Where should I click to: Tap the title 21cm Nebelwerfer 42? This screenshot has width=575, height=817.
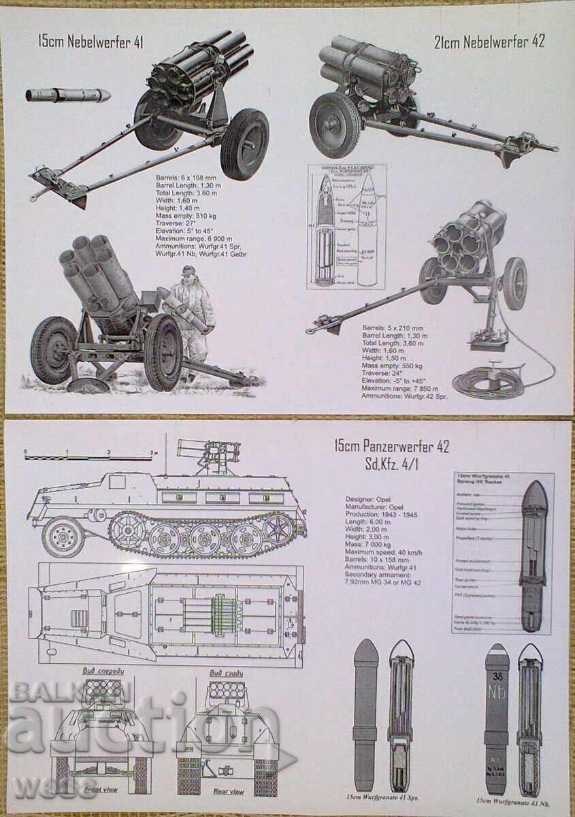click(489, 42)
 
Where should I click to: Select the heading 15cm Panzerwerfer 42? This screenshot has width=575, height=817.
click(391, 447)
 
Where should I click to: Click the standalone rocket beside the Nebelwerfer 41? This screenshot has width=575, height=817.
click(68, 94)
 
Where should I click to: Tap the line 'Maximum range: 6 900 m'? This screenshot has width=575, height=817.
click(195, 238)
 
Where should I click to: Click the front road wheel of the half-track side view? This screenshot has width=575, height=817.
click(63, 536)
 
